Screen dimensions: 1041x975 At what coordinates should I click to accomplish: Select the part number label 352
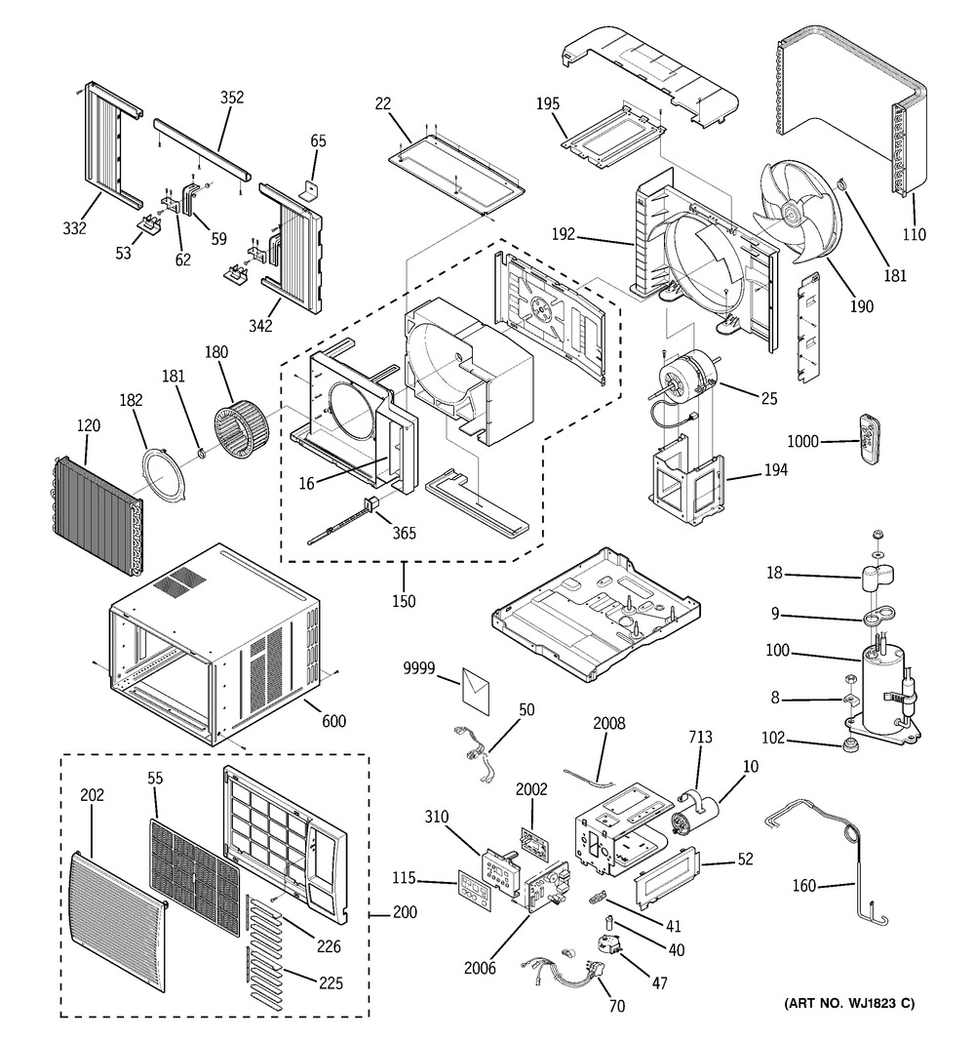click(232, 98)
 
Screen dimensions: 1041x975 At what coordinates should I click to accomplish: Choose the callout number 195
click(548, 103)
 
